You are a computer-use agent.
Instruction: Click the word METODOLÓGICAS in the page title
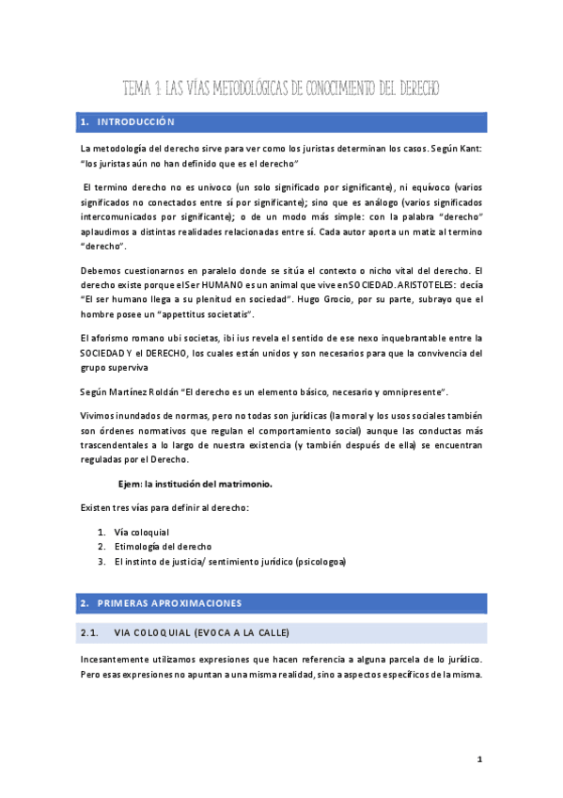point(240,88)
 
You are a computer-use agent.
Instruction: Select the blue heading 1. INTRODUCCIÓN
point(128,122)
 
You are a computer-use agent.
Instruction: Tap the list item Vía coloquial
point(141,532)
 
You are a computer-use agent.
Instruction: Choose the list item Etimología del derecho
point(162,546)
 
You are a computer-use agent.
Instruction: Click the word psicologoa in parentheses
point(320,561)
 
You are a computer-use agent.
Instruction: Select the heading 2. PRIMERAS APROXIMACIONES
point(161,602)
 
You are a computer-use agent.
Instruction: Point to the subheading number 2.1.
point(90,631)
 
